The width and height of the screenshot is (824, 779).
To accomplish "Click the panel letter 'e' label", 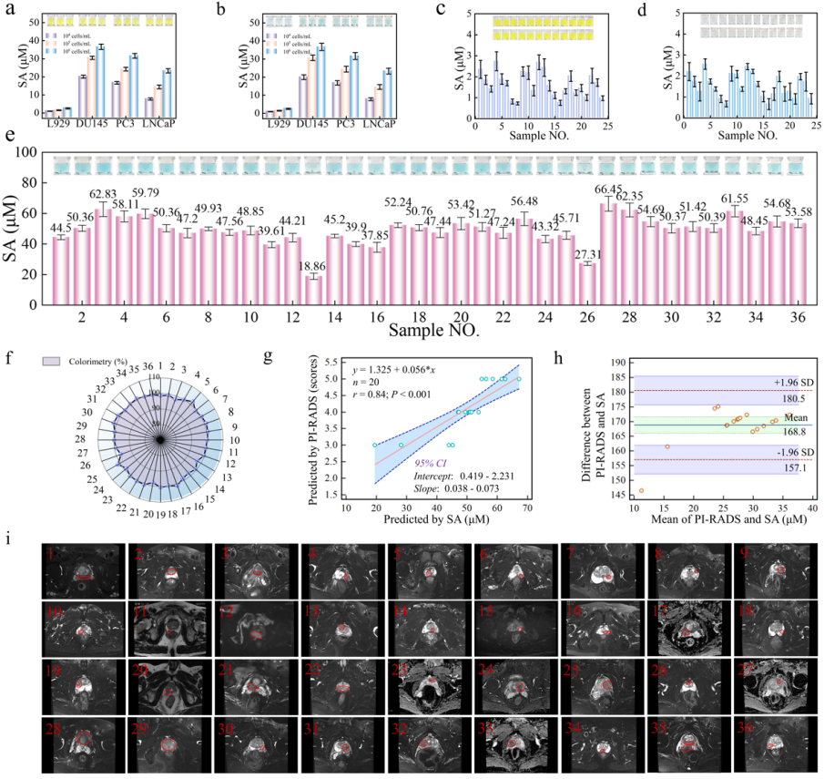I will coord(9,138).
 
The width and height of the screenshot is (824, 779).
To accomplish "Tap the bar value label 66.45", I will coord(609,187).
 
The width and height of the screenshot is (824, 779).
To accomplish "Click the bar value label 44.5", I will coord(61,227).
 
